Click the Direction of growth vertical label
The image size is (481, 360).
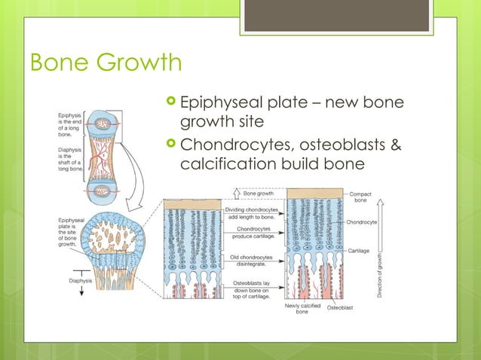pyautogui.click(x=381, y=272)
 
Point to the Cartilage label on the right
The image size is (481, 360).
pyautogui.click(x=359, y=249)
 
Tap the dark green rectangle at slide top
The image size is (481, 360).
pyautogui.click(x=335, y=16)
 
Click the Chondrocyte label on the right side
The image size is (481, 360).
pyautogui.click(x=363, y=223)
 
